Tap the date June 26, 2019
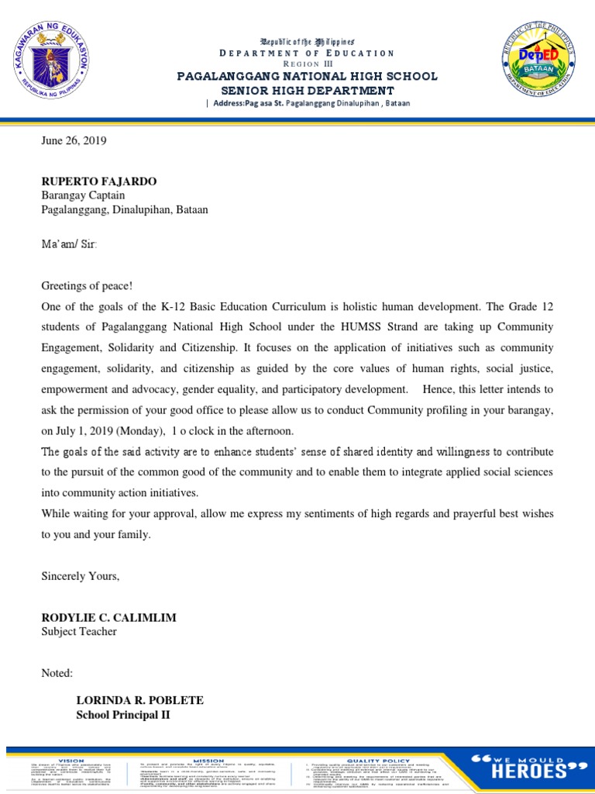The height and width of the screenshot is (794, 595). [74, 141]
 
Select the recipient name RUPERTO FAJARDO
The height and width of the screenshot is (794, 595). [98, 181]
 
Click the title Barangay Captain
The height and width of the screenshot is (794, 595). [83, 195]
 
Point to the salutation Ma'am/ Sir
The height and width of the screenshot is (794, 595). [69, 244]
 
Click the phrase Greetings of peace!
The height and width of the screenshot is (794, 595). [81, 286]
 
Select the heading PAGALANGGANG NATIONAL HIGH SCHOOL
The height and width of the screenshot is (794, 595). [308, 76]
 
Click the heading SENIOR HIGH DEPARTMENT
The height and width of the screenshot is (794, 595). [308, 89]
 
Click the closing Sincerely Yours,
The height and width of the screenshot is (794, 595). [81, 576]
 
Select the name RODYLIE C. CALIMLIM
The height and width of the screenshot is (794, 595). [108, 617]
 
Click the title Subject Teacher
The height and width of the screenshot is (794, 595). [79, 631]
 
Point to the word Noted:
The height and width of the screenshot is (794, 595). [57, 673]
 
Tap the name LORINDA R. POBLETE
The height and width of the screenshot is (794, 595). [139, 700]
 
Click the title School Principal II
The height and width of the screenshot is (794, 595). [122, 714]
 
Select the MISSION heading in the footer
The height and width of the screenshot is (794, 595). [208, 739]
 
